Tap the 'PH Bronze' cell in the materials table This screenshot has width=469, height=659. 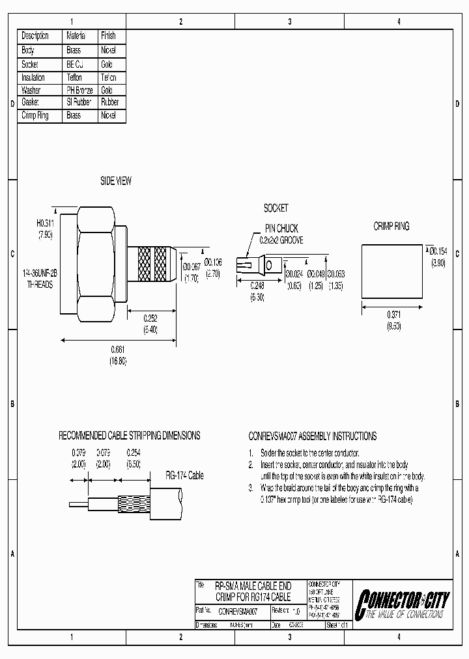pyautogui.click(x=79, y=90)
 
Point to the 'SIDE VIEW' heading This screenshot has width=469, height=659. pyautogui.click(x=115, y=181)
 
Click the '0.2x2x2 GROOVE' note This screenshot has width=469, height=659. pyautogui.click(x=281, y=240)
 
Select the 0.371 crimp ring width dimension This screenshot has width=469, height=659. pyautogui.click(x=393, y=315)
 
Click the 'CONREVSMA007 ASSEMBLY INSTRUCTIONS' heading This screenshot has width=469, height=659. pyautogui.click(x=313, y=436)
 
